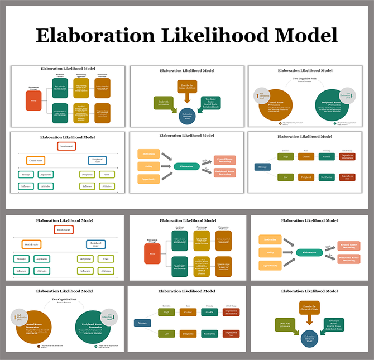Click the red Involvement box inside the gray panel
[66, 146]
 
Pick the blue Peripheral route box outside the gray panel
[95, 244]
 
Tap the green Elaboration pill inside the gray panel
[187, 166]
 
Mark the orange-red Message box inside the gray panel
[33, 101]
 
